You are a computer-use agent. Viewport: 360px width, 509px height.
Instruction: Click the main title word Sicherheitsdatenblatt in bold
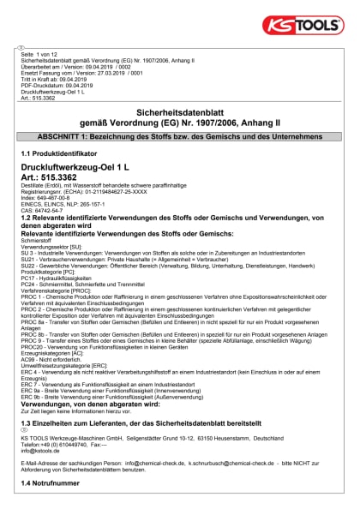[180, 112]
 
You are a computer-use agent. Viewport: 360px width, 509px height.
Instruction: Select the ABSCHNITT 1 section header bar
[180, 137]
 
